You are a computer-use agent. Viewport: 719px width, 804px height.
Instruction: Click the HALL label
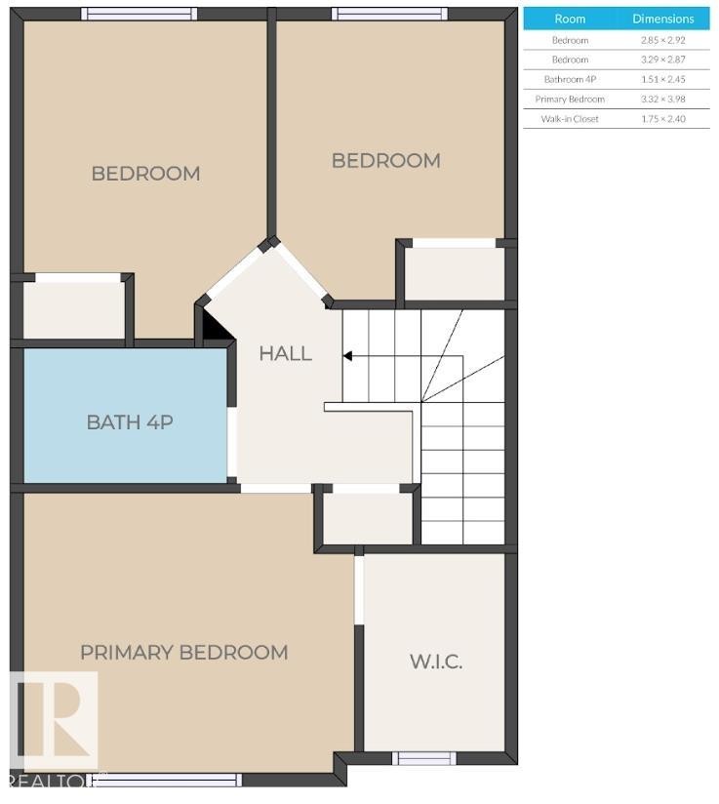(x=285, y=353)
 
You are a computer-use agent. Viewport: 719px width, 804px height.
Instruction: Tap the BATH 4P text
(x=130, y=422)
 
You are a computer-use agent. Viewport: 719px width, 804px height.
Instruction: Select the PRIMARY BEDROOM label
(x=183, y=652)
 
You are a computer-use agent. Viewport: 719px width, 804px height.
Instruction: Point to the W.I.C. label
(x=435, y=661)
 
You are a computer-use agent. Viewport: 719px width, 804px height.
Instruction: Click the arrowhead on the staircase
(x=346, y=357)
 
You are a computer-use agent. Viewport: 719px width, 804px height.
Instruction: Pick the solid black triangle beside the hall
(x=218, y=327)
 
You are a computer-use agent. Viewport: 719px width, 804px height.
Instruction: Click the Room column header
(x=570, y=19)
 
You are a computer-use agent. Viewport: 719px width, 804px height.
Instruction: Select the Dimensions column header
(x=662, y=19)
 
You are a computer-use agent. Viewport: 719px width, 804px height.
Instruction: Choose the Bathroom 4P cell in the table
(x=570, y=79)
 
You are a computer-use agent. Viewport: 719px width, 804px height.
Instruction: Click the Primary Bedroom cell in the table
(x=570, y=99)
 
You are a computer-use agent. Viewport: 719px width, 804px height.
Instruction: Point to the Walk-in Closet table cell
(x=570, y=119)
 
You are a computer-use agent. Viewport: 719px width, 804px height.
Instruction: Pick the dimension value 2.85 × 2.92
(x=662, y=40)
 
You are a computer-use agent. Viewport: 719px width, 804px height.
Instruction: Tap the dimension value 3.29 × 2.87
(x=662, y=60)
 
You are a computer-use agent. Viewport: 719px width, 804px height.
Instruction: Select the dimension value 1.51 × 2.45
(x=662, y=79)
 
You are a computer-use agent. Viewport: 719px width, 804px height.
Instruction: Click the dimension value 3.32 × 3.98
(x=662, y=99)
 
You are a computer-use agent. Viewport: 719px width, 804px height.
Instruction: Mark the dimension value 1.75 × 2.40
(x=662, y=119)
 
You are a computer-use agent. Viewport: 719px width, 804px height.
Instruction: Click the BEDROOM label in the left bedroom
(x=145, y=173)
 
